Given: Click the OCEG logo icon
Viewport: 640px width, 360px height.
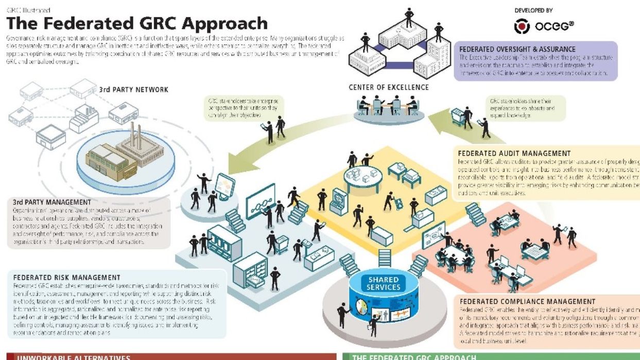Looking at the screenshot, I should [522, 26].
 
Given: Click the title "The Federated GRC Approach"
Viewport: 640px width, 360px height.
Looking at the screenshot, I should [137, 24].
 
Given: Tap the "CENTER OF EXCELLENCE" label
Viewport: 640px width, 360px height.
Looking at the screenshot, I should [388, 87].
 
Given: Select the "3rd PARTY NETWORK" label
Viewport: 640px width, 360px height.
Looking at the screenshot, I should [133, 90].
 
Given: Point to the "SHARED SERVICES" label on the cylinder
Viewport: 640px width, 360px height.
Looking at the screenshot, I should [383, 283].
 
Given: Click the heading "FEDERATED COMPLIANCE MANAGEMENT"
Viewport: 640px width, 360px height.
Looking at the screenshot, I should [527, 301].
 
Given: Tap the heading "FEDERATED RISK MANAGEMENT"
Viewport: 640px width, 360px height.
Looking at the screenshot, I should [67, 278].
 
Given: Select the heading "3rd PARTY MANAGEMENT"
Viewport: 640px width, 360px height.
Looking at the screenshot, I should [51, 202].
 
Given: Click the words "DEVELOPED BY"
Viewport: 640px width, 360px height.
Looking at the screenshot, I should [534, 10].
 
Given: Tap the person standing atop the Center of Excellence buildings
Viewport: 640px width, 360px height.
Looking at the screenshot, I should [409, 16].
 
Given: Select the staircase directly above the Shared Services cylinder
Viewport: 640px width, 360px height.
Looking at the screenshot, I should [384, 258].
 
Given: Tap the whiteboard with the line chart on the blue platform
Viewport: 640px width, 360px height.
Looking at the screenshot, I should [260, 202].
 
